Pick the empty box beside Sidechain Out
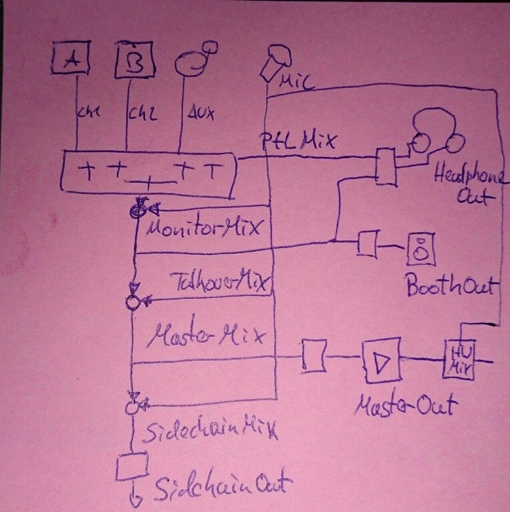click(132, 466)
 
